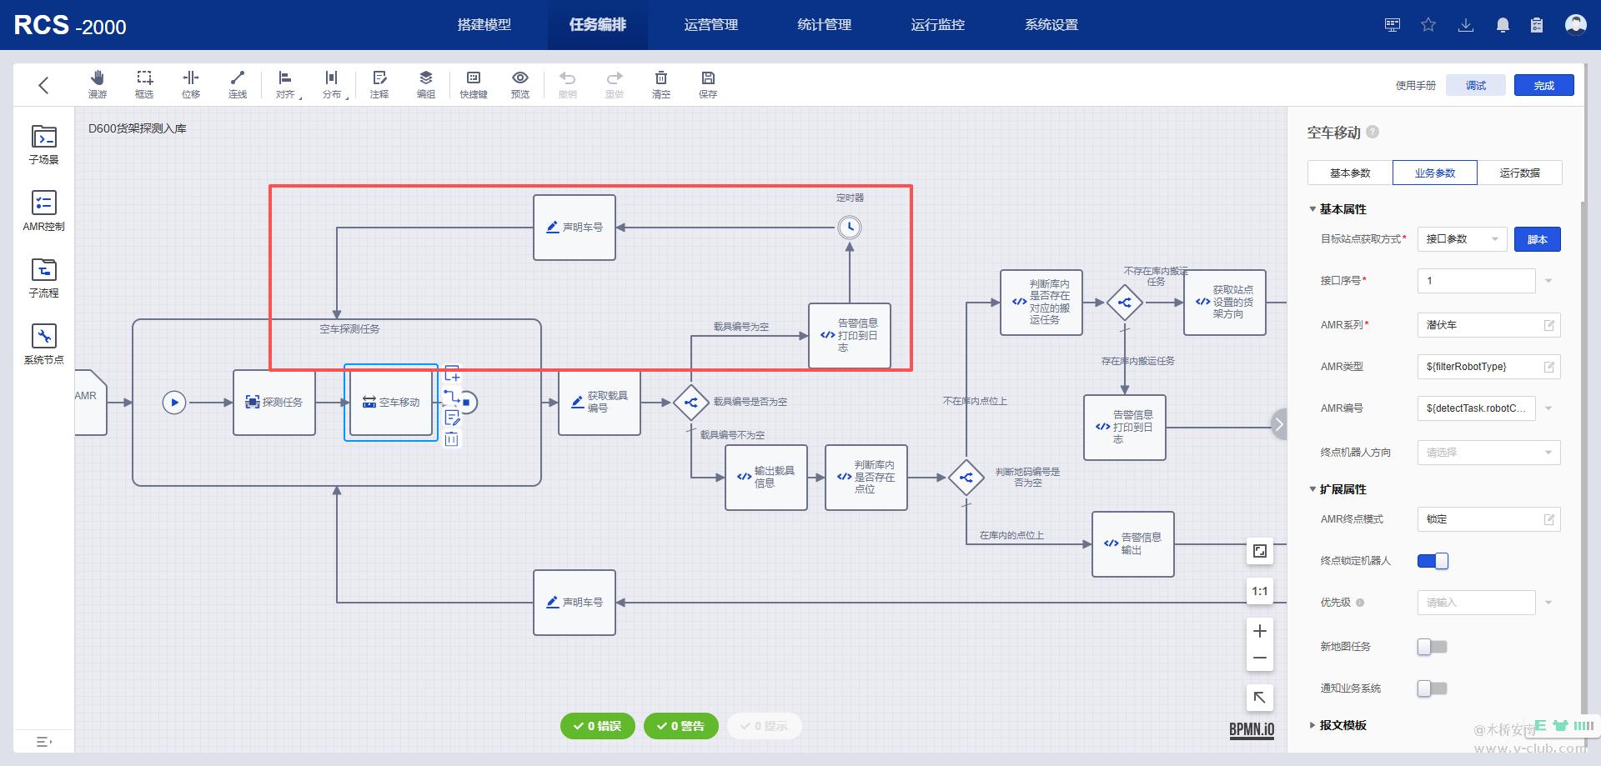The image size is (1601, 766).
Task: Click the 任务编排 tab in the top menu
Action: pos(597,25)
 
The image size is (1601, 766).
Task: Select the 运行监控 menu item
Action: pos(937,25)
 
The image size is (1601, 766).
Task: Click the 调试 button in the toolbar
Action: pos(1476,85)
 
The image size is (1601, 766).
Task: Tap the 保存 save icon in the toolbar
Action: pos(708,84)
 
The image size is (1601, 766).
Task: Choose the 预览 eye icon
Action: pos(519,84)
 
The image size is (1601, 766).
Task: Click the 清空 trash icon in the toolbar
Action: pos(660,84)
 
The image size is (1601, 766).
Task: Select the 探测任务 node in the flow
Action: pos(274,403)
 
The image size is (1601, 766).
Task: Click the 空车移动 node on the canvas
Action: pos(391,403)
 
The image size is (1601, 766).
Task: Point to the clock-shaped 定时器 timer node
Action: pos(849,228)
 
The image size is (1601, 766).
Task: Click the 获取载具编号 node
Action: pos(599,403)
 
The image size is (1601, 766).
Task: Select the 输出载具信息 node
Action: pos(765,478)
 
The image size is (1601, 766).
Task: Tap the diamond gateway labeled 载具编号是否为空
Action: pos(690,403)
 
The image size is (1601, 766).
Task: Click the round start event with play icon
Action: pos(173,403)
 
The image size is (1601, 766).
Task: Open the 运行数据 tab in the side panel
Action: pos(1519,173)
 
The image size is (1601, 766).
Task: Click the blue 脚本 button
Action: pos(1537,239)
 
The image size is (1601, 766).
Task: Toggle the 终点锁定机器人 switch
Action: pos(1433,561)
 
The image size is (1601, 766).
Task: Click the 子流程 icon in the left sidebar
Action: pos(43,278)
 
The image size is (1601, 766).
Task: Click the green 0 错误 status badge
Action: pos(597,726)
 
